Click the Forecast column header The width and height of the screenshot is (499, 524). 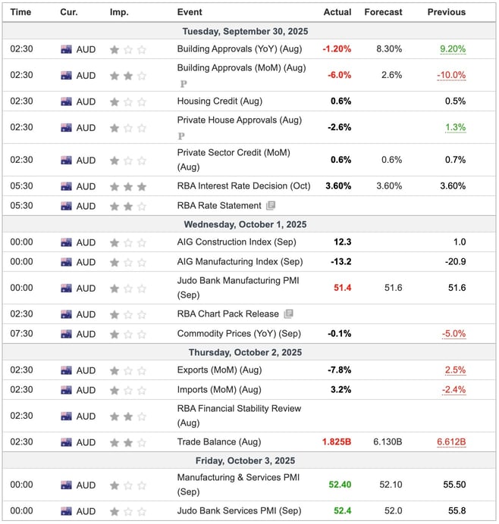click(382, 12)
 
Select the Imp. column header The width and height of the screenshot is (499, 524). click(119, 12)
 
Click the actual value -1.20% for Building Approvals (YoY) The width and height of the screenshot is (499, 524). click(337, 49)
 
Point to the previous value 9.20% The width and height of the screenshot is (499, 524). click(453, 49)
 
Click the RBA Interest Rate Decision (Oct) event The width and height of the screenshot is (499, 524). click(243, 186)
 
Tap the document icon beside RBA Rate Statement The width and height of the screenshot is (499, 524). click(271, 206)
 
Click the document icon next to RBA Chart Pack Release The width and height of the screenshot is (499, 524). click(288, 314)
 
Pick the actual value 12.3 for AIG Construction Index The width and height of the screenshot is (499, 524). click(342, 242)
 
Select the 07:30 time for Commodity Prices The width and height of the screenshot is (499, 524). click(21, 334)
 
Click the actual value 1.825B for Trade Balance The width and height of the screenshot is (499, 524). click(334, 442)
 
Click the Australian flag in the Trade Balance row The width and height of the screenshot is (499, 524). click(67, 442)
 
